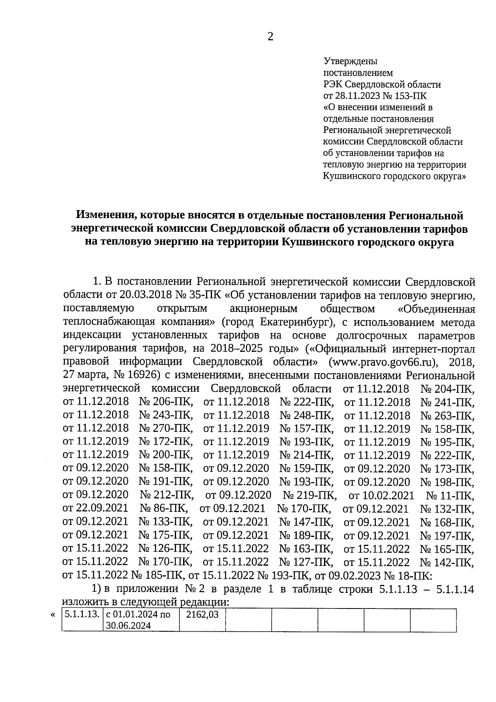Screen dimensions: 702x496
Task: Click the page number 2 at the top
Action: [x=270, y=37]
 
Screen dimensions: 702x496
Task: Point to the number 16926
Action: [x=140, y=375]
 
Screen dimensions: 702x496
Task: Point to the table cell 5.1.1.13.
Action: [x=82, y=614]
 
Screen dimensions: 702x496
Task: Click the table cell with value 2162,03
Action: [x=202, y=614]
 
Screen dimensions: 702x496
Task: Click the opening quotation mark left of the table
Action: [x=52, y=615]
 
